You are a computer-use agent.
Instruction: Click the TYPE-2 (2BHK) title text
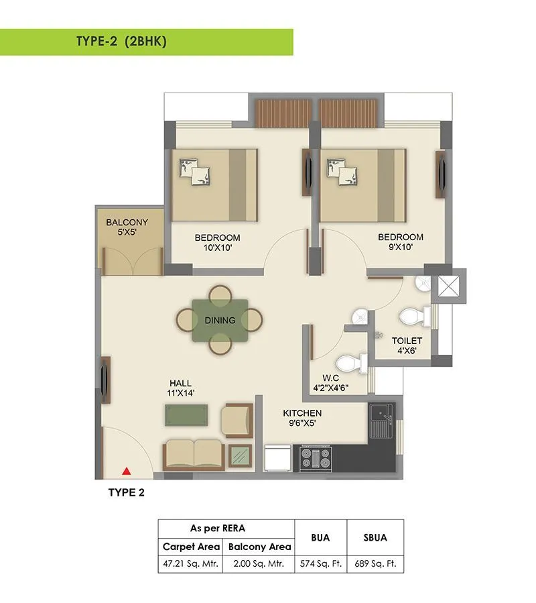(x=121, y=42)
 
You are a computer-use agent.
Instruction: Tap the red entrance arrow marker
(x=125, y=471)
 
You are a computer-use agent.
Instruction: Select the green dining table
(x=220, y=320)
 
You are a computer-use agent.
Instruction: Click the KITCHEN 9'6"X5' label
(x=301, y=418)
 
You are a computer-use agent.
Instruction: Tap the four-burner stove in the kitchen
(x=316, y=457)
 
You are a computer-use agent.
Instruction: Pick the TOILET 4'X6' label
(x=407, y=345)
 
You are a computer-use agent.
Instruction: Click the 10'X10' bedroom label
(x=217, y=242)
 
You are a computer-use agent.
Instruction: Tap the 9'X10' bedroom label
(x=400, y=241)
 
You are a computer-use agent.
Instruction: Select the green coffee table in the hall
(x=186, y=415)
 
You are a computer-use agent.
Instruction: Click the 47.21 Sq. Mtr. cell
(x=191, y=563)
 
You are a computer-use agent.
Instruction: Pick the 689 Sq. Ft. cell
(x=375, y=563)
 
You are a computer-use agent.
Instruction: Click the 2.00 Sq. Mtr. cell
(x=259, y=563)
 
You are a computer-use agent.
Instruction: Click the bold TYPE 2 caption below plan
(x=127, y=492)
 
